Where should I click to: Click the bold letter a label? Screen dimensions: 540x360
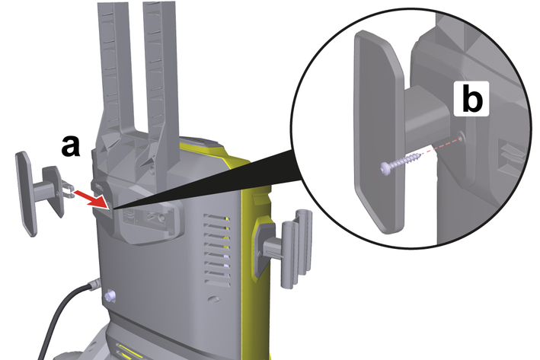pos(71,146)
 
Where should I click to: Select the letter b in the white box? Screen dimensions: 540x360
pos(471,98)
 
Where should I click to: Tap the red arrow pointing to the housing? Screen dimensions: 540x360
pos(91,199)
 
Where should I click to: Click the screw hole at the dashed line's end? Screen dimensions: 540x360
pos(461,138)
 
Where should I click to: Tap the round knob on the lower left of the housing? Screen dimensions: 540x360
pos(110,296)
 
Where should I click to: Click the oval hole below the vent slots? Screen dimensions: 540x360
pos(214,299)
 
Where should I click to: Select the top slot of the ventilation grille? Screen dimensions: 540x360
pos(216,218)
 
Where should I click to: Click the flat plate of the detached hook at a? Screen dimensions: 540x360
pos(26,194)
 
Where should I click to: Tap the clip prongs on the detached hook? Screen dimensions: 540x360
pos(68,190)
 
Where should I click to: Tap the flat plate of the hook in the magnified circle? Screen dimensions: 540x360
pos(379,131)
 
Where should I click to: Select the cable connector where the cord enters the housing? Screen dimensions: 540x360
pos(94,285)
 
